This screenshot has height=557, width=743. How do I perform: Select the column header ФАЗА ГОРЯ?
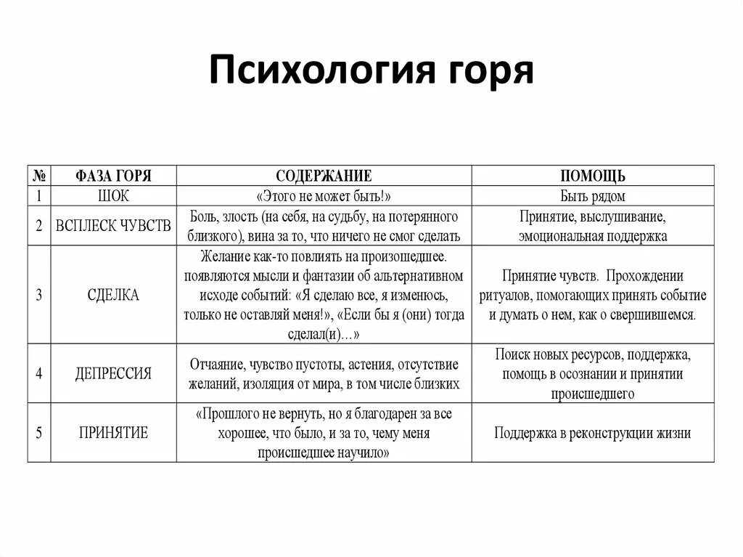[113, 176]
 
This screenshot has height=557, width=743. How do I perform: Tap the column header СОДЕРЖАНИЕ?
[324, 176]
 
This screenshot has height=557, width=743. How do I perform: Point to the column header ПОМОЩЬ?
[593, 176]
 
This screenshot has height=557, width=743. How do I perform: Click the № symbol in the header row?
[40, 176]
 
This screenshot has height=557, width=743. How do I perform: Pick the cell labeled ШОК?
[113, 196]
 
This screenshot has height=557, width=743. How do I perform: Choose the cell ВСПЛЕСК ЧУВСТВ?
[113, 226]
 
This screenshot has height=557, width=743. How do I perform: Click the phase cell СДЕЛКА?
[113, 296]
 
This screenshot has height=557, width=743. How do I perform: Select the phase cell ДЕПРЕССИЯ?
[113, 373]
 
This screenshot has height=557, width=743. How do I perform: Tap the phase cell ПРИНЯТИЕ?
[113, 433]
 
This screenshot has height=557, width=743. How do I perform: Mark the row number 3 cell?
[39, 296]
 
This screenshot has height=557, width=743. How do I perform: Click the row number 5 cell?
[39, 433]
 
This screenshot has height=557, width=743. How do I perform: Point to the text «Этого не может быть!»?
[324, 196]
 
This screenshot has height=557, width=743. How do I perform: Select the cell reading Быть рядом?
[593, 196]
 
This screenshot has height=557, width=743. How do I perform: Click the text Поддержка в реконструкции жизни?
[593, 434]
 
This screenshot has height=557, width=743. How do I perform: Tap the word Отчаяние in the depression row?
[215, 364]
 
